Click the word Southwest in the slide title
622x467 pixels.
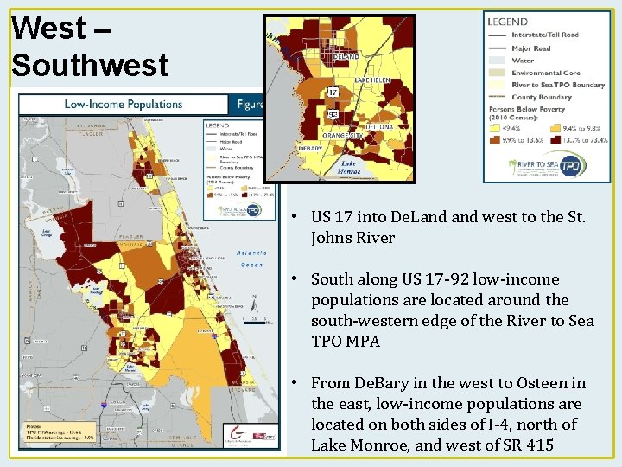click(91, 64)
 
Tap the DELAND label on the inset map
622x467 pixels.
click(346, 56)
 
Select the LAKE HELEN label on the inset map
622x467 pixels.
click(372, 80)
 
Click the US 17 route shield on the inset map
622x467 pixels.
click(333, 93)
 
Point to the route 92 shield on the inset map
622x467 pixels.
click(333, 113)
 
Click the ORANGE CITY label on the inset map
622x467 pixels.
click(343, 136)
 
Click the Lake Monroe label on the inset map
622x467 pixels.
click(348, 167)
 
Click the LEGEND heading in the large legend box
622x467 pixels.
click(508, 22)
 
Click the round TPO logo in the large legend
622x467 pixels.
click(570, 164)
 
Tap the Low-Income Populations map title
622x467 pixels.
click(124, 105)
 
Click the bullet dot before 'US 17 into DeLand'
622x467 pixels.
click(295, 217)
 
